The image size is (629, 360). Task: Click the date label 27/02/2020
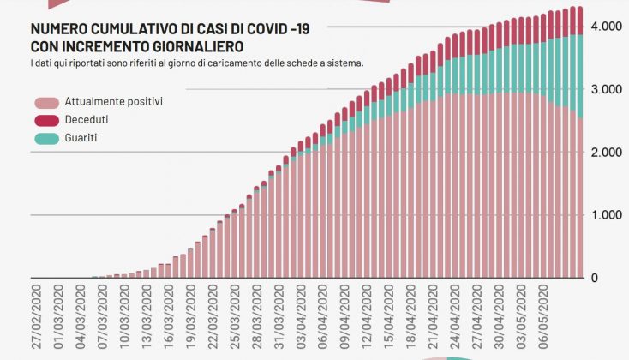(x=36, y=318)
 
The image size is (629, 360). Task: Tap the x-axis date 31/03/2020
(x=279, y=318)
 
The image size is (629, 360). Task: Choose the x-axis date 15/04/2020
(x=390, y=318)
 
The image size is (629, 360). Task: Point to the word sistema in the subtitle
(x=344, y=63)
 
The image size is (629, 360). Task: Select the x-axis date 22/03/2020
(x=213, y=318)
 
